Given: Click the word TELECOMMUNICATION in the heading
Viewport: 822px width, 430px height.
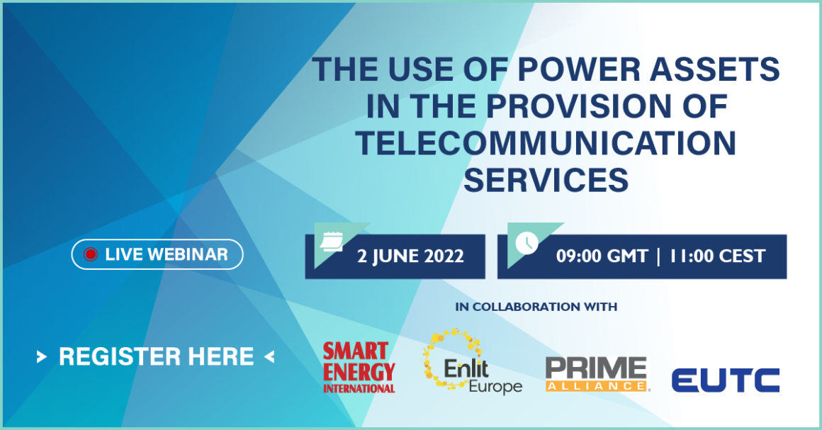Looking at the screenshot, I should point(546,144).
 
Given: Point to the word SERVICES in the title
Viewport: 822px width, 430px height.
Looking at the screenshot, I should point(546,180).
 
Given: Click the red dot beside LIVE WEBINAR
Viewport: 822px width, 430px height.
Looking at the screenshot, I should point(90,255).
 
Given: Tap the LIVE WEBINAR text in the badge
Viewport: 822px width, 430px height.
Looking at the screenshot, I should point(166,255).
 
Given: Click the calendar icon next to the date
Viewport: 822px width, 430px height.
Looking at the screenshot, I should point(331,242).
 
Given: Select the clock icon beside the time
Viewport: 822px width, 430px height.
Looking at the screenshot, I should point(526,242).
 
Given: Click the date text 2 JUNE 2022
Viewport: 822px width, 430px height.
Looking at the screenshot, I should point(410,256).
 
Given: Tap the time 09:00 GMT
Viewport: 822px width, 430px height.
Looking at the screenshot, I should point(602,256).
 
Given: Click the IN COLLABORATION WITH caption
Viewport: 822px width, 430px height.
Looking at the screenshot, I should point(536,307).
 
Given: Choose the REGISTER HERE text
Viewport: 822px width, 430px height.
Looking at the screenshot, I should point(156,356).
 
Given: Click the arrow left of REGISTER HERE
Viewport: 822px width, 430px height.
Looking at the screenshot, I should point(42,357).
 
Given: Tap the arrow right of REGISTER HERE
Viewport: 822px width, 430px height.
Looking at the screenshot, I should point(269,357).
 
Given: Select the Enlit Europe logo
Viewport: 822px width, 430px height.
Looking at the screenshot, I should point(471,363).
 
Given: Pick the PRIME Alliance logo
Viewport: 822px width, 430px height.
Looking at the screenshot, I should point(597,374).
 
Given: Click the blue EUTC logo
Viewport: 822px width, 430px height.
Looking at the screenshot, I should point(725,380).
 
